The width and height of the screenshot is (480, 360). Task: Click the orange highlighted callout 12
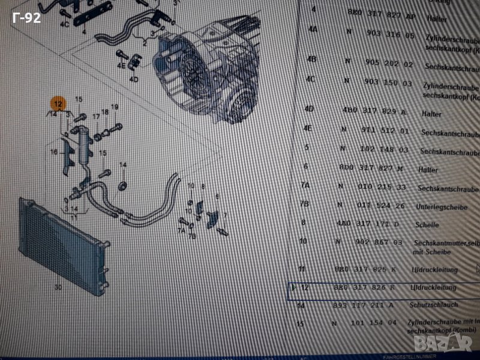pyautogui.click(x=57, y=103)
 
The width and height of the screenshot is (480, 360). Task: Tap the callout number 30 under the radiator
pyautogui.click(x=58, y=287)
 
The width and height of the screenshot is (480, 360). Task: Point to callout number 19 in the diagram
pyautogui.click(x=115, y=107)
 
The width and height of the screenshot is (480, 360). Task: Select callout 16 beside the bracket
pyautogui.click(x=53, y=152)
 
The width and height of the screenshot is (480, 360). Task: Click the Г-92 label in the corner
pyautogui.click(x=27, y=18)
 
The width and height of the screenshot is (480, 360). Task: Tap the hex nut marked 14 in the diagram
pyautogui.click(x=122, y=184)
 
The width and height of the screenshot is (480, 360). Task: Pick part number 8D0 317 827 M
pyautogui.click(x=378, y=168)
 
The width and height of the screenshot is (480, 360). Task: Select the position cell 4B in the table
pyautogui.click(x=311, y=59)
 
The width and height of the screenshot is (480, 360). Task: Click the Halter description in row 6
pyautogui.click(x=428, y=170)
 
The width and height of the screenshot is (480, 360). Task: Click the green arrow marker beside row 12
pyautogui.click(x=294, y=287)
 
